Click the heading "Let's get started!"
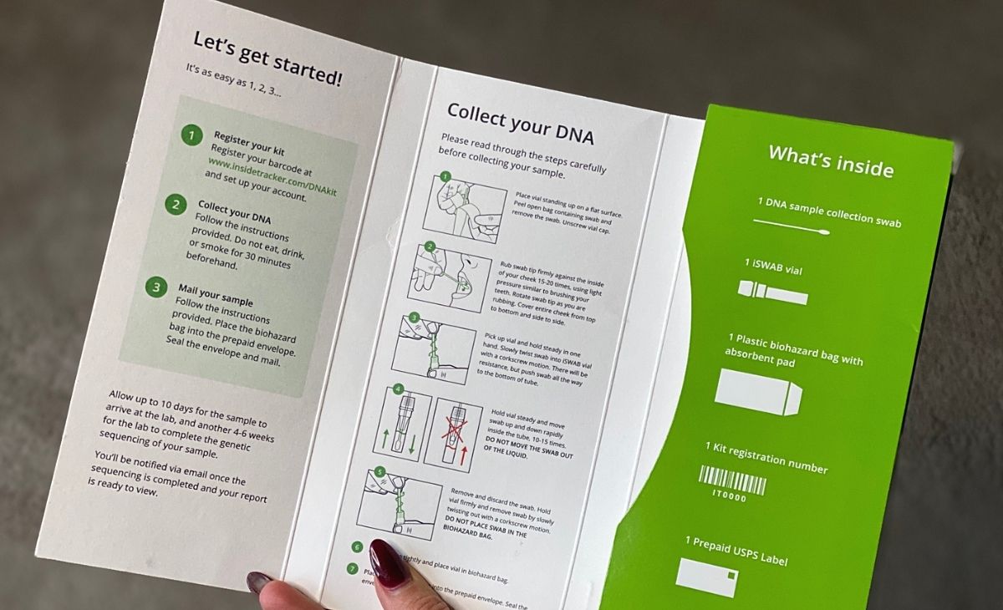tap(267, 59)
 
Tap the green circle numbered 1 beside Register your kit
tap(191, 135)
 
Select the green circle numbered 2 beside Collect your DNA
tap(176, 204)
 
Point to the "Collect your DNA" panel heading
tap(520, 123)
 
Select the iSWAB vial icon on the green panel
tap(773, 292)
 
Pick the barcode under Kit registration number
tap(731, 482)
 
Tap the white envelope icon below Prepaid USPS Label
tap(706, 577)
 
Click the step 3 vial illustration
tap(433, 348)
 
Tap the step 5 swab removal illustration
tap(399, 503)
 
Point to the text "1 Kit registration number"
tap(766, 458)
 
